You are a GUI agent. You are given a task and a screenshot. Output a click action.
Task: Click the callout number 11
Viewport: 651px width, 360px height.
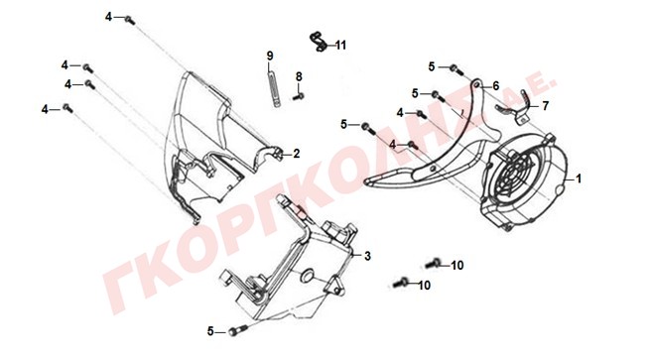pyautogui.click(x=340, y=45)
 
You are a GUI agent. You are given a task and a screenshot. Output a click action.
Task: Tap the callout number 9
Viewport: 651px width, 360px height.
pyautogui.click(x=270, y=56)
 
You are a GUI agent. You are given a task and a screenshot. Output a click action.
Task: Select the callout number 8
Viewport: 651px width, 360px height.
pyautogui.click(x=299, y=76)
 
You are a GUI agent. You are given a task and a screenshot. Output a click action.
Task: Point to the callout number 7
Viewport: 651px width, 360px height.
pyautogui.click(x=545, y=106)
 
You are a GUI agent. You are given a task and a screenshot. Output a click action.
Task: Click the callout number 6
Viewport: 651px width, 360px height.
pyautogui.click(x=496, y=86)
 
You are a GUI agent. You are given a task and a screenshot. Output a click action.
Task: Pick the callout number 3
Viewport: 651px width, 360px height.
pyautogui.click(x=367, y=256)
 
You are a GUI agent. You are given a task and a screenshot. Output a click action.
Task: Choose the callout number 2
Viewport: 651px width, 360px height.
pyautogui.click(x=296, y=154)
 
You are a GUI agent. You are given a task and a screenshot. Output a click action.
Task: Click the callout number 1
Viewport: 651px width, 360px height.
pyautogui.click(x=579, y=179)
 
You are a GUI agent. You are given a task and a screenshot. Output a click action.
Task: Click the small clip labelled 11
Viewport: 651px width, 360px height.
pyautogui.click(x=319, y=42)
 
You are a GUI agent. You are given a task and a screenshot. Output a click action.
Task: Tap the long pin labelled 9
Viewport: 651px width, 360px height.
pyautogui.click(x=275, y=89)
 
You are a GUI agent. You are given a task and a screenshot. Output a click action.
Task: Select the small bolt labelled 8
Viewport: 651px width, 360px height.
pyautogui.click(x=298, y=96)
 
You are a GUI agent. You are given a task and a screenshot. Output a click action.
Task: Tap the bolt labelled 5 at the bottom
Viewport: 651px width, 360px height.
pyautogui.click(x=237, y=330)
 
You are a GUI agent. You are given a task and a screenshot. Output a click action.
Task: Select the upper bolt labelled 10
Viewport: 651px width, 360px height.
pyautogui.click(x=434, y=263)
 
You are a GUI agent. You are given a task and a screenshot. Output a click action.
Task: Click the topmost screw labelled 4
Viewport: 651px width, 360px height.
pyautogui.click(x=130, y=20)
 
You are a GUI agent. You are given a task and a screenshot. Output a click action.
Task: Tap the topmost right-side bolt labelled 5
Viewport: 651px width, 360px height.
pyautogui.click(x=456, y=69)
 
